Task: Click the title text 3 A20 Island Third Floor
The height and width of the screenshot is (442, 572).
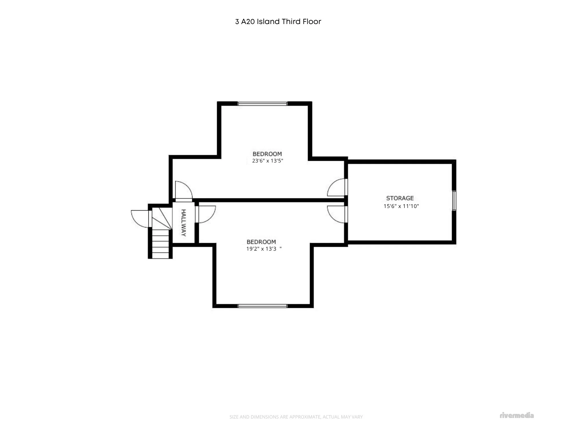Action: click(278, 22)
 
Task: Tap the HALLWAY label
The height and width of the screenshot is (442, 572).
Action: click(184, 223)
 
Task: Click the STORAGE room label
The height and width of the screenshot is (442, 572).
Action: click(400, 198)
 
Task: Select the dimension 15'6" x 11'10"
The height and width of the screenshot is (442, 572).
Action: click(401, 206)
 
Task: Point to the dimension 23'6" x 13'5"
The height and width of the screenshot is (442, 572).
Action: click(267, 161)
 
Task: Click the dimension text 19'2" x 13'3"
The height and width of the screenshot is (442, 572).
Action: click(264, 249)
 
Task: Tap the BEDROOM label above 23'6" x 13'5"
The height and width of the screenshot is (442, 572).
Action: click(267, 154)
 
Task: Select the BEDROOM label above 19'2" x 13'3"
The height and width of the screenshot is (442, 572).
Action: click(261, 242)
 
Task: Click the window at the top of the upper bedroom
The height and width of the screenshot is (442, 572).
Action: click(263, 104)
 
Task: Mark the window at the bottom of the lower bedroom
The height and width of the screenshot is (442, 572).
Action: click(263, 306)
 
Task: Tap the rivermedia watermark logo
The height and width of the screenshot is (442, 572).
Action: click(517, 415)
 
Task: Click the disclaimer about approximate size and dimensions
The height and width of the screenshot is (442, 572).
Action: click(296, 417)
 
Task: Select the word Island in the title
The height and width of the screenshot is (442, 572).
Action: click(268, 22)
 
